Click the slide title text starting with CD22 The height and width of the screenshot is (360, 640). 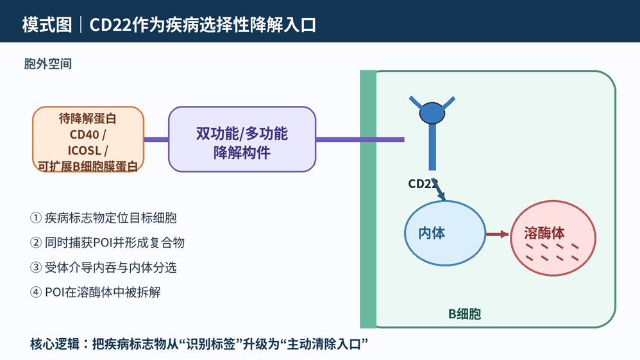click(x=203, y=25)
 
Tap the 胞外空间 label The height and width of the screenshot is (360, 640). click(x=47, y=64)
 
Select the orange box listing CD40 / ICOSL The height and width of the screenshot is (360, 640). click(x=88, y=139)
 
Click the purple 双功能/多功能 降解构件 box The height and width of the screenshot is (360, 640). click(x=242, y=139)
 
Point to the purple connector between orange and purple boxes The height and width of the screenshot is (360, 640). click(x=156, y=139)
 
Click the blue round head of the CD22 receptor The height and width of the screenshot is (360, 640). click(x=432, y=113)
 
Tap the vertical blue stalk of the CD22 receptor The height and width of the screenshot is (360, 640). click(x=432, y=147)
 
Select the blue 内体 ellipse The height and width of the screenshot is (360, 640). click(x=445, y=234)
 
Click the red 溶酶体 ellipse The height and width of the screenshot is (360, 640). click(x=553, y=238)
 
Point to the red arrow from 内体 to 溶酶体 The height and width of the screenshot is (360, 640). click(x=498, y=234)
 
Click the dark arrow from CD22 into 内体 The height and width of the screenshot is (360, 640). click(x=439, y=190)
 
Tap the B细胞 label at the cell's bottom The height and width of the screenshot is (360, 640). click(x=464, y=314)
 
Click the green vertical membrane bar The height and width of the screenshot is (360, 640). click(x=367, y=199)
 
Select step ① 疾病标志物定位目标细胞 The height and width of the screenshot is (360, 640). click(x=103, y=218)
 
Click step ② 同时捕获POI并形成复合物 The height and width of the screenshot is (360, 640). click(x=107, y=243)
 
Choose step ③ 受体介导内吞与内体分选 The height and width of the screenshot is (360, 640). click(x=103, y=267)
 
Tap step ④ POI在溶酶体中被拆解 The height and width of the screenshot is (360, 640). click(x=96, y=292)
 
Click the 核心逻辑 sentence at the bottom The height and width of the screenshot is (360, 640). click(x=199, y=344)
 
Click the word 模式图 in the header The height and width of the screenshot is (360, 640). click(x=47, y=25)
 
